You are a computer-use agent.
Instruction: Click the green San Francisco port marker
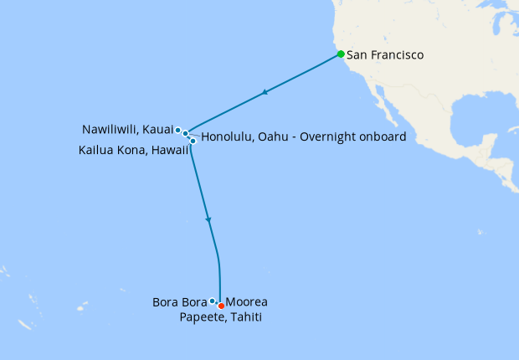click(x=341, y=54)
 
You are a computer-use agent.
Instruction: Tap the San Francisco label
click(x=385, y=55)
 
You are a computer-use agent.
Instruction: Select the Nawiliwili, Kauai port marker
click(x=178, y=130)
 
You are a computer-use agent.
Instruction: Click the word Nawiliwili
click(x=111, y=130)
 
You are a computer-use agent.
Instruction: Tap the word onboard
click(x=383, y=136)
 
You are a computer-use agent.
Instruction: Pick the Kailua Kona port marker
click(x=193, y=141)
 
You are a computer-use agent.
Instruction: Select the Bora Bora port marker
click(x=213, y=301)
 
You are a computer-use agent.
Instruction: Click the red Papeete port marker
click(x=221, y=306)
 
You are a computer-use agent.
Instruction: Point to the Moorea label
click(x=247, y=302)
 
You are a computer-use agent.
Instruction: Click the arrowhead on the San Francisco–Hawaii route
click(x=265, y=92)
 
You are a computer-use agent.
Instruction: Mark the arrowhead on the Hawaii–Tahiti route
click(x=208, y=220)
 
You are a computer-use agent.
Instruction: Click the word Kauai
click(x=158, y=130)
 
